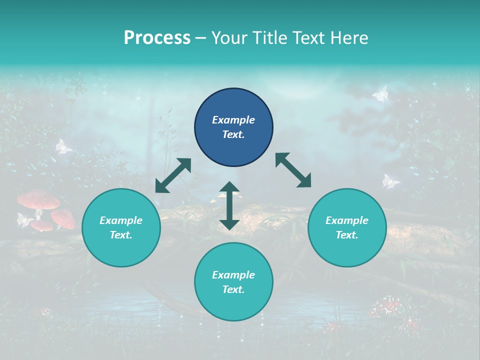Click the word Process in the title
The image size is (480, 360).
click(157, 38)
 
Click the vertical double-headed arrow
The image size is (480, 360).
click(229, 205)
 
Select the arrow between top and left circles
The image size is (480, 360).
click(173, 175)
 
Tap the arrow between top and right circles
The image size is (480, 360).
click(293, 170)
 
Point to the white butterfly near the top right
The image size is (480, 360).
click(381, 93)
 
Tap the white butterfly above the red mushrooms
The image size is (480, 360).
click(62, 146)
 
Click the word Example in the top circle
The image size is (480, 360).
click(233, 120)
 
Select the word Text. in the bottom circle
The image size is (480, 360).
click(233, 289)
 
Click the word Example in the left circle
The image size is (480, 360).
click(121, 220)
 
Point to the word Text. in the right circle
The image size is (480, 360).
click(347, 235)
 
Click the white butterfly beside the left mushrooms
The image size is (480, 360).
click(23, 219)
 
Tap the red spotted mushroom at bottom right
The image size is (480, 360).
click(387, 305)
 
